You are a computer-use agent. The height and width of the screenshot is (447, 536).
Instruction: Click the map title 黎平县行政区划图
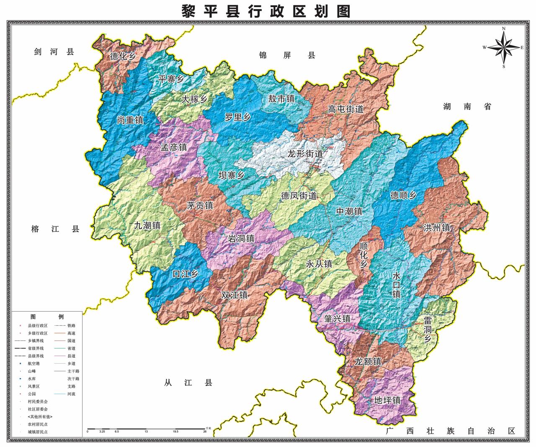click(x=266, y=10)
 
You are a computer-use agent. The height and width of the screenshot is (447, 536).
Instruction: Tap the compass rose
click(x=504, y=47)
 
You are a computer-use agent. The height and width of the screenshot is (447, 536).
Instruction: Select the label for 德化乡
click(x=123, y=57)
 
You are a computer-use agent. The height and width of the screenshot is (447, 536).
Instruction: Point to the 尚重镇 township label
click(x=130, y=120)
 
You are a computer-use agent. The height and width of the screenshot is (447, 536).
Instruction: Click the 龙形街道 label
click(x=305, y=154)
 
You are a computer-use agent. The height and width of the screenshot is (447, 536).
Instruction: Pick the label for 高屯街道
click(x=345, y=109)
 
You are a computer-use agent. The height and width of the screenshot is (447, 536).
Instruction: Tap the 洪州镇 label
click(x=437, y=228)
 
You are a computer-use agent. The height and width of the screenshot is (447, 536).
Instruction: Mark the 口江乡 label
click(x=185, y=274)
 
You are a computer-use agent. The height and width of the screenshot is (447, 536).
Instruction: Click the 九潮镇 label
click(x=147, y=226)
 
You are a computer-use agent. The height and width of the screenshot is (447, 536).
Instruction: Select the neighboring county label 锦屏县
click(x=287, y=55)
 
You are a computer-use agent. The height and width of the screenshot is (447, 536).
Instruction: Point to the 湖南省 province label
click(x=467, y=107)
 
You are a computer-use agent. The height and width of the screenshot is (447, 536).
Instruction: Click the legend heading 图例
click(x=47, y=317)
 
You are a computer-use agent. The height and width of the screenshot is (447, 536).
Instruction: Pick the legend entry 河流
click(x=72, y=394)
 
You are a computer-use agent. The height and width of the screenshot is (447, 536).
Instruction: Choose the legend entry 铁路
click(x=72, y=325)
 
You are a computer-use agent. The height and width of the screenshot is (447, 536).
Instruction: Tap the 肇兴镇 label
click(x=337, y=319)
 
